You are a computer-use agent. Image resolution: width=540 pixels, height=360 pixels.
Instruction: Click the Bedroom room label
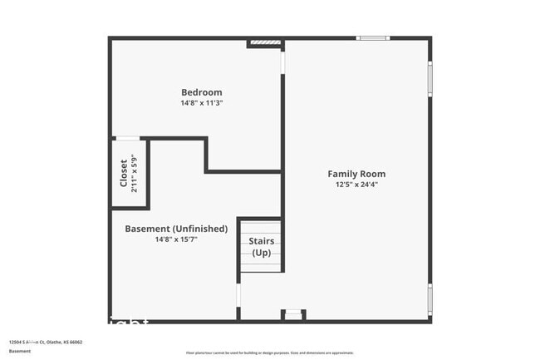point(201,91)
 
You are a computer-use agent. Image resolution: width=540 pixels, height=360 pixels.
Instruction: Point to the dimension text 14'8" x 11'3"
point(201,103)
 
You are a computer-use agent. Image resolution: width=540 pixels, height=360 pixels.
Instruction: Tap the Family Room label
point(356,174)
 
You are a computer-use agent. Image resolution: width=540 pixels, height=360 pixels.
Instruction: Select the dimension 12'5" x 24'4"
point(356,185)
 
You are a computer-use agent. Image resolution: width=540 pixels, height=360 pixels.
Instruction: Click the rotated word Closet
point(124,173)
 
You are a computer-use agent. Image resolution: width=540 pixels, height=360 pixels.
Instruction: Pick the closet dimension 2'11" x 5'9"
point(135,173)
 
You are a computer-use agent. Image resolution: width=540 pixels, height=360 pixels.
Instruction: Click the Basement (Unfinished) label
point(176,229)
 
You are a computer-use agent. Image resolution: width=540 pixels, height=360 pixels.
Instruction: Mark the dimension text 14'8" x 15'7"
point(176,239)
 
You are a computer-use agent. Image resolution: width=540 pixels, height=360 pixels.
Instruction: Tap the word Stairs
point(262,241)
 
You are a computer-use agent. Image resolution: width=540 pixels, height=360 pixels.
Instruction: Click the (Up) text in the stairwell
point(262,253)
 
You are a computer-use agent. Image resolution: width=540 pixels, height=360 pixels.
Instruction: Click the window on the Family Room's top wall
point(372,38)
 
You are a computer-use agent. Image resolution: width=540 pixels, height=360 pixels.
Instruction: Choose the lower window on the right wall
point(430,298)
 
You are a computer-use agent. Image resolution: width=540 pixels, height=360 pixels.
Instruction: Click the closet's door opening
point(126,138)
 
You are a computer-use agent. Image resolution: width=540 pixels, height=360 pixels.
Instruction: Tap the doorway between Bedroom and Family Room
point(282,62)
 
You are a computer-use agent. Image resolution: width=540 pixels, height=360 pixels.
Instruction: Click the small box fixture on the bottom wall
point(293,314)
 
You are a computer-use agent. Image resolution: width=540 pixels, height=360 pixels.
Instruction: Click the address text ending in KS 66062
point(46,342)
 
